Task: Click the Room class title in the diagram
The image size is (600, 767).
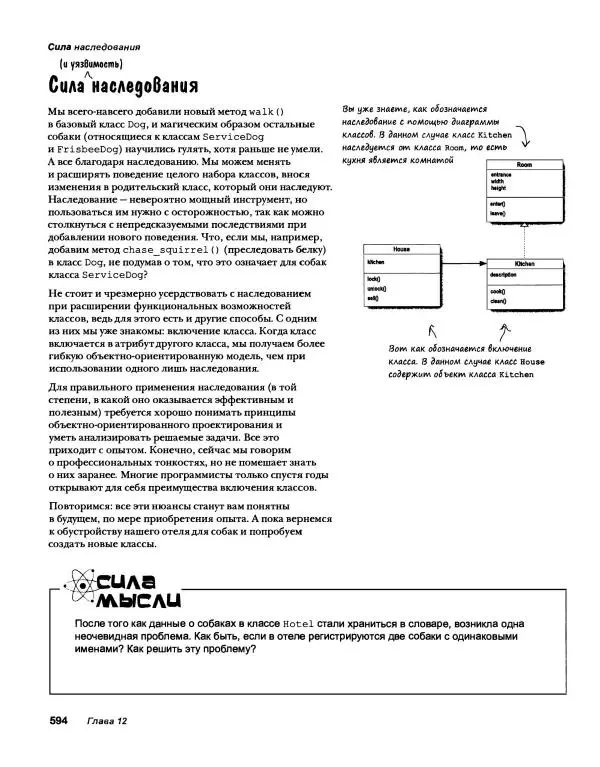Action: pos(524,165)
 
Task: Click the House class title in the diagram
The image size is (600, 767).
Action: pos(401,249)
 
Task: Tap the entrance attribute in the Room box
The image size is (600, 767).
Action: pos(502,175)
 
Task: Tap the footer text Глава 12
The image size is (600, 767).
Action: pos(107,721)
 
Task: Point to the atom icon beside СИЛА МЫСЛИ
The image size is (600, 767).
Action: pos(72,586)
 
